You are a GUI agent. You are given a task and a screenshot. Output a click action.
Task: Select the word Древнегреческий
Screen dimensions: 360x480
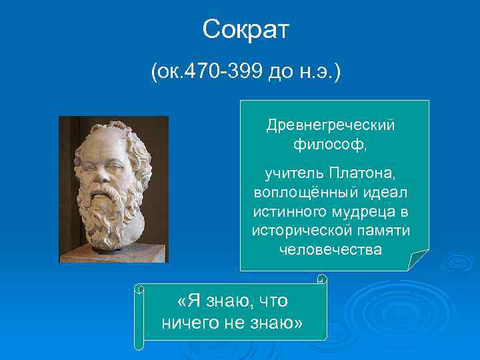pyautogui.click(x=331, y=126)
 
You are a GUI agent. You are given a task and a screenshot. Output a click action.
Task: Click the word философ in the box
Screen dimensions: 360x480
pyautogui.click(x=329, y=143)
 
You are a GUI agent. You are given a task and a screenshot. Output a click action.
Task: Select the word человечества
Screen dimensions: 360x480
pyautogui.click(x=331, y=249)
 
